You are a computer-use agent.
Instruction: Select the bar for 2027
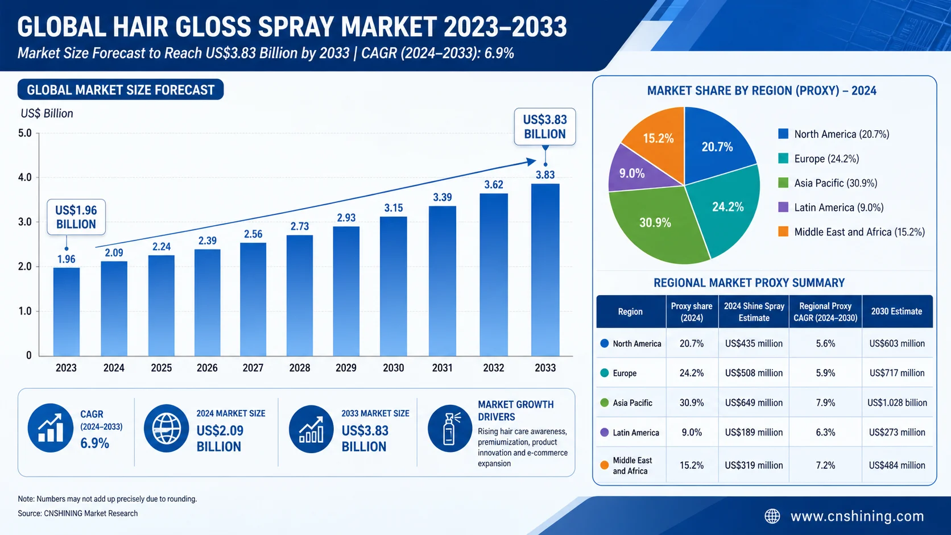click(253, 299)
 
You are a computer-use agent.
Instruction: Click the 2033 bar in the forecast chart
click(545, 270)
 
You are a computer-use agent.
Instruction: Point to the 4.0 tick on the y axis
click(24, 177)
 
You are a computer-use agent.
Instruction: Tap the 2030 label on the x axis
click(393, 367)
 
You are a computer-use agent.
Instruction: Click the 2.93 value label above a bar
click(346, 218)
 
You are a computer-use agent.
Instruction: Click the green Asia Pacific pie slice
click(656, 223)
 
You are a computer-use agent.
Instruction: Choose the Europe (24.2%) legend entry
click(818, 159)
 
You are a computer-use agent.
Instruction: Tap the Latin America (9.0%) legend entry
click(831, 208)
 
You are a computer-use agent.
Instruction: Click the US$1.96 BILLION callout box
click(76, 217)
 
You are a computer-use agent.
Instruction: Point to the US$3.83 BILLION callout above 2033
click(545, 127)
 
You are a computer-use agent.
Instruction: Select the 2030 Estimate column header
click(896, 312)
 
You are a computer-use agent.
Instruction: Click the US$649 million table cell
click(754, 403)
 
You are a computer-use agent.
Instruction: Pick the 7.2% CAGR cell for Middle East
click(825, 466)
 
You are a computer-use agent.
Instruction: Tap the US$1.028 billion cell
click(897, 403)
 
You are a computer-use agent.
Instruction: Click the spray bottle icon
click(449, 428)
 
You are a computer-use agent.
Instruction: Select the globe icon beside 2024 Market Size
click(167, 428)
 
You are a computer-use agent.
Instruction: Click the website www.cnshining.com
click(857, 516)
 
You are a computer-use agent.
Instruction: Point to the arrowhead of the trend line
click(531, 161)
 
